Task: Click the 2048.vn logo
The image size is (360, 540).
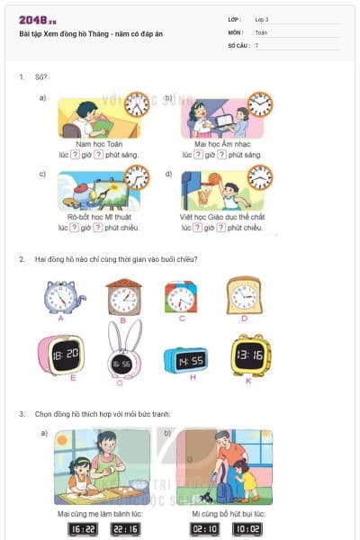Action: coord(36,20)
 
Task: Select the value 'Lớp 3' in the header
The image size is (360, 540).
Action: coord(262,19)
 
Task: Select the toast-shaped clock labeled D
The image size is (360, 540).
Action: coord(244,294)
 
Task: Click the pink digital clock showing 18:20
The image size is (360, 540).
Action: coord(61,354)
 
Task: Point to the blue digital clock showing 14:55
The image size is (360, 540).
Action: coord(185,359)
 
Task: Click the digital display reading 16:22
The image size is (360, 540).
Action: coord(83,530)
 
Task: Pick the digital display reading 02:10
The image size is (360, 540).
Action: coord(204,530)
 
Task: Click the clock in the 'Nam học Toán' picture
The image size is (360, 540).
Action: coord(137,104)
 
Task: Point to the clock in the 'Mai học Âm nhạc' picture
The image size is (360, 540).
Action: coord(259,104)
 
